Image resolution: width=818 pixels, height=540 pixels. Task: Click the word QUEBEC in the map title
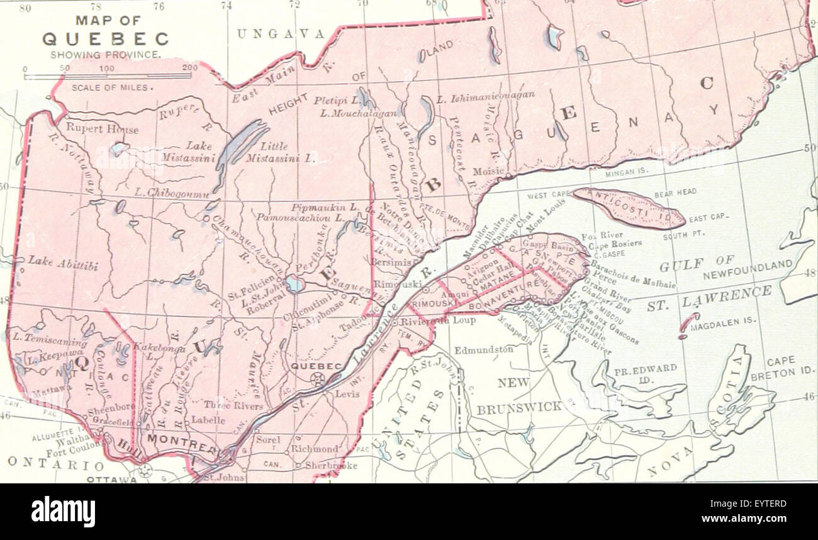(105, 39)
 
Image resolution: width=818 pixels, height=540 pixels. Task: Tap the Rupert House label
(102, 129)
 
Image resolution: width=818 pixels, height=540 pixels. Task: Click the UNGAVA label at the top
(281, 34)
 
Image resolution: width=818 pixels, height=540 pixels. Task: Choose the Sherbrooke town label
(331, 466)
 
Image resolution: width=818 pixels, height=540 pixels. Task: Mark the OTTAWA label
(111, 479)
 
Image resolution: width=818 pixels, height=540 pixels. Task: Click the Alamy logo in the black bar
(64, 511)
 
